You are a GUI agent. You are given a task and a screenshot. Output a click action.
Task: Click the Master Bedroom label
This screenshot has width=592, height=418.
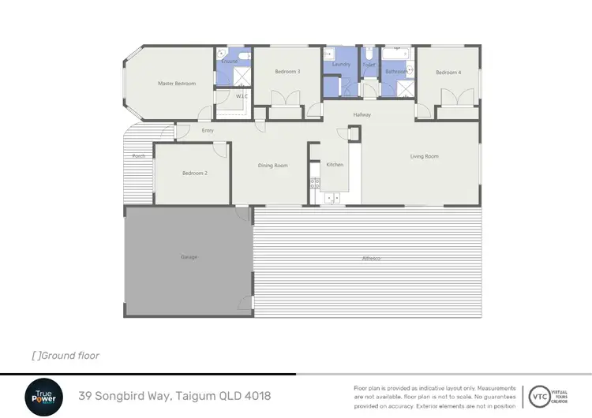coord(176,84)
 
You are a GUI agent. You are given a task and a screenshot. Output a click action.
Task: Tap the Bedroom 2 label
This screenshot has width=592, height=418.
coord(194,173)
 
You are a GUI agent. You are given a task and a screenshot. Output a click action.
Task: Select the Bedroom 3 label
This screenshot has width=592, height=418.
coord(287,72)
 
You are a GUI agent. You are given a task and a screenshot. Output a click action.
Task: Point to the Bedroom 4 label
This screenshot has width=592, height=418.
coord(448,73)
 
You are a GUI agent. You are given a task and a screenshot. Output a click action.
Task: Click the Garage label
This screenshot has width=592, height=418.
coord(189,257)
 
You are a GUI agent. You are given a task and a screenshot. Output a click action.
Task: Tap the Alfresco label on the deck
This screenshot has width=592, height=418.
coord(371,259)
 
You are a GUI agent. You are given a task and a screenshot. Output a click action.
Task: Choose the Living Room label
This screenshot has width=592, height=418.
coord(424,156)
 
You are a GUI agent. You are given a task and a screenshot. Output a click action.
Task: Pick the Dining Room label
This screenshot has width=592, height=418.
coord(273,166)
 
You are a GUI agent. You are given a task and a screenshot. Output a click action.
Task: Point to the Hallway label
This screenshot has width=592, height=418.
coord(362,115)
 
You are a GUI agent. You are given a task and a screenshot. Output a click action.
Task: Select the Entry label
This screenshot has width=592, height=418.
coord(208,130)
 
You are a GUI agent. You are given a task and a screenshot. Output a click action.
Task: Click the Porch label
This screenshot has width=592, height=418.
coord(139,156)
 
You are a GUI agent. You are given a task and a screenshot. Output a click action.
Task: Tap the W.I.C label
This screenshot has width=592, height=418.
coord(242,96)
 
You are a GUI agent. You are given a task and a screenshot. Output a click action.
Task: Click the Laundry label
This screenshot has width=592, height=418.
coord(341,64)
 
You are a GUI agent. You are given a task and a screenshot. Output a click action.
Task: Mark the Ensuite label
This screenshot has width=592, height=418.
coord(229,61)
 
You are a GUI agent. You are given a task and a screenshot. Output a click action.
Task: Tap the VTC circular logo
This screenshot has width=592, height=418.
coord(541,394)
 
